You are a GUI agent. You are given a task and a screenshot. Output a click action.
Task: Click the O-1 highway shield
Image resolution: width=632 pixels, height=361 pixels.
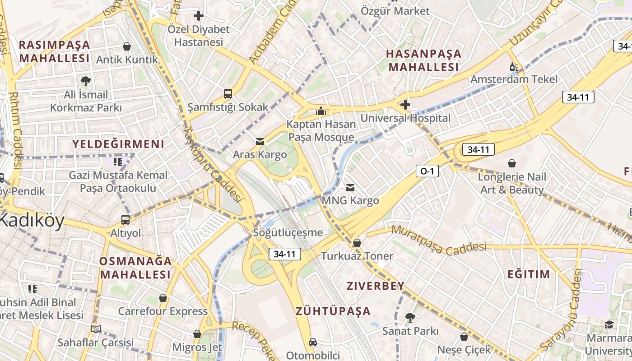[427, 171]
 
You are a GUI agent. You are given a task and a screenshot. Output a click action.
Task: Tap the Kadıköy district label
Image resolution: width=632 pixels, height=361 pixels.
[32, 221]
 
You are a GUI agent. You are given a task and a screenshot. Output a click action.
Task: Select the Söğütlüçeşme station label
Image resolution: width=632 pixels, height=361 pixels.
[288, 233]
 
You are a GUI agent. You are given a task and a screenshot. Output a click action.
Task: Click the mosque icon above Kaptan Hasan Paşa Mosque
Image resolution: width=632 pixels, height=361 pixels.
[321, 111]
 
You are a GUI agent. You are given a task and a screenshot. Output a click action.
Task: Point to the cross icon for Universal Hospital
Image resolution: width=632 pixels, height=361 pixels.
[405, 105]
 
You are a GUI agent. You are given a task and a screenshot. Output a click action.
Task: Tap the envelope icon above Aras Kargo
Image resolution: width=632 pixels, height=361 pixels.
[260, 142]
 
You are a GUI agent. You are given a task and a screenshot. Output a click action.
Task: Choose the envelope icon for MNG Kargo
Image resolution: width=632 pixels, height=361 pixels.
[350, 187]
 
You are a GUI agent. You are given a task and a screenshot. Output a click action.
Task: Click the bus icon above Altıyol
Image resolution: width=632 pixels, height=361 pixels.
[125, 220]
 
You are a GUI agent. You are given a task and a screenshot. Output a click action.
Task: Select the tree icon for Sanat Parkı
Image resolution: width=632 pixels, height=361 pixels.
[410, 318]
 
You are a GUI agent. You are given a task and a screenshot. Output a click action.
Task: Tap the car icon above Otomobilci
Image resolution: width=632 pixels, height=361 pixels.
[312, 342]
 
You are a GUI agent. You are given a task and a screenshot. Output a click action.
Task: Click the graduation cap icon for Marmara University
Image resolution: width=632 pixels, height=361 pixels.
[609, 324]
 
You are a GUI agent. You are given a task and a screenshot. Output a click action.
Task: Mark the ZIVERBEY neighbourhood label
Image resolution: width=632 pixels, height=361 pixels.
[376, 286]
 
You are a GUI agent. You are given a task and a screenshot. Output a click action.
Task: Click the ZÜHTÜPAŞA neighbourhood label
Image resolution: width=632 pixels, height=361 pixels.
[333, 311]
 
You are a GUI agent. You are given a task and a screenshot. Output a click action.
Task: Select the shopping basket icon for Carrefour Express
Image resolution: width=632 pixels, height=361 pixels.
[163, 298]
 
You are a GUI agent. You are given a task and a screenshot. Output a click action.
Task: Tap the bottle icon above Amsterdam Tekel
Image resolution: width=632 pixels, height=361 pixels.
[514, 66]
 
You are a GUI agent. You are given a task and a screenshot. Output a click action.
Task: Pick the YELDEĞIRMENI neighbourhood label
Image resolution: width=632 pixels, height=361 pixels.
[119, 144]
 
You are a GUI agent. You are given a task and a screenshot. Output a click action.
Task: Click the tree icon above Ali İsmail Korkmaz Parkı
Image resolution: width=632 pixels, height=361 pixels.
[85, 81]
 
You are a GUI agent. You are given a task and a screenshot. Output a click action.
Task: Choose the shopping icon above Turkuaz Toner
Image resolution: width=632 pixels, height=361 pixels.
[357, 243]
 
